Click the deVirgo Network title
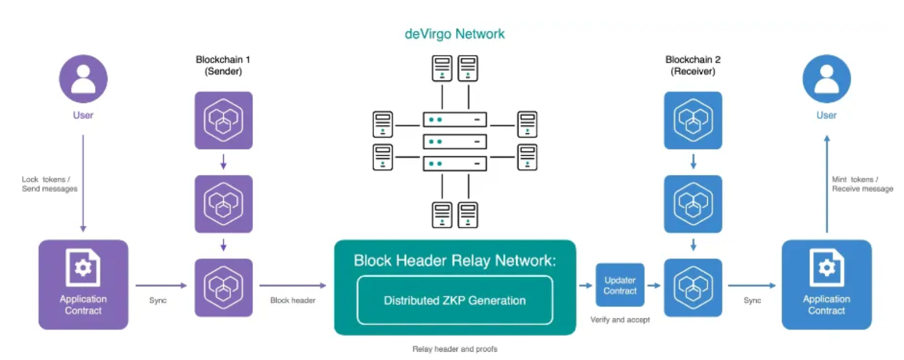(454, 34)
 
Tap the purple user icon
(83, 79)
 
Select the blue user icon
(826, 79)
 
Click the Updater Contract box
(620, 285)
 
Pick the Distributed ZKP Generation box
(455, 300)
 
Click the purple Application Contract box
(83, 285)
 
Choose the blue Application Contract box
(826, 285)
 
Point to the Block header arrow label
(292, 300)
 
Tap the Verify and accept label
(620, 319)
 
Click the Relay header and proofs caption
(455, 349)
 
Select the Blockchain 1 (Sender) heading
(223, 65)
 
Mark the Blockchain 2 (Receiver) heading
(693, 65)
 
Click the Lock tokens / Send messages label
(49, 184)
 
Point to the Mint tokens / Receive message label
(862, 184)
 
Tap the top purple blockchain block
(224, 120)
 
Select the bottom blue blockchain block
(693, 287)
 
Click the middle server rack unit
(454, 141)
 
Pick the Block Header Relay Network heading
(454, 260)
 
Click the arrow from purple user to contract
(83, 183)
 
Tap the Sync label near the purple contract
(158, 300)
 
